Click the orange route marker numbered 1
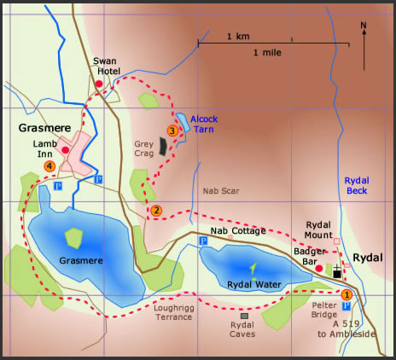coord(346,294)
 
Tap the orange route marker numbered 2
coord(155,211)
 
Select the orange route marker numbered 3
coord(172,131)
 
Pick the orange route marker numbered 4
coord(50,165)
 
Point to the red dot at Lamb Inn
coord(65,150)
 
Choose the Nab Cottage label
coord(238,231)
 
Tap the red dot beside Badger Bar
coord(318,269)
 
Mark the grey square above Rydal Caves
coord(244,316)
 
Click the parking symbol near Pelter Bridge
coord(346,305)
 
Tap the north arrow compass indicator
coord(364,47)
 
